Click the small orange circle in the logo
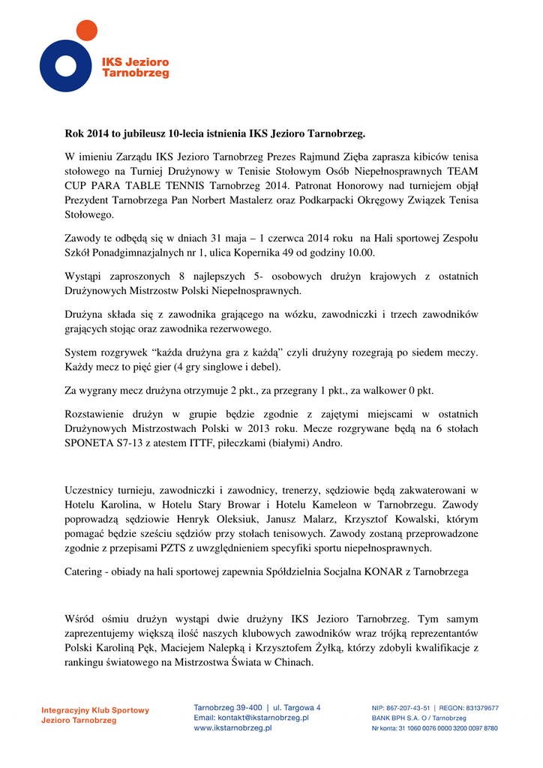pyautogui.click(x=86, y=31)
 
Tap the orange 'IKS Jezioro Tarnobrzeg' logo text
pyautogui.click(x=135, y=67)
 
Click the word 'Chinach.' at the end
pyautogui.click(x=292, y=662)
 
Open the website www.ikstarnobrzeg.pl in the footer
pyautogui.click(x=232, y=727)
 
